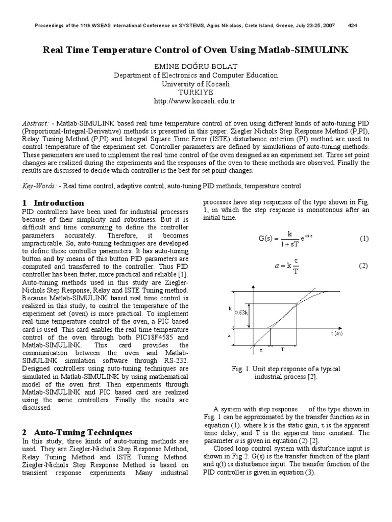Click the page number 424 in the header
click(352, 25)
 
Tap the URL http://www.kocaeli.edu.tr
click(196, 101)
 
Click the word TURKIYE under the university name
click(196, 92)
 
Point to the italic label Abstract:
click(36, 124)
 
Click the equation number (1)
click(363, 238)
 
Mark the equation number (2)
click(363, 266)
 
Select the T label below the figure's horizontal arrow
click(283, 350)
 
